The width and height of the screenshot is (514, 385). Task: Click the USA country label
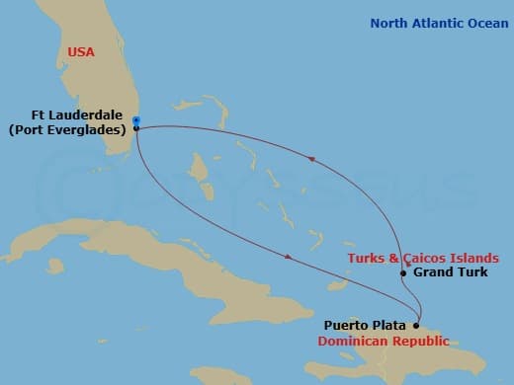click(x=81, y=52)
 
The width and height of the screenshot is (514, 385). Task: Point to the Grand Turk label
click(x=449, y=272)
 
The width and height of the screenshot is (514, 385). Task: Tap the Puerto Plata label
click(x=367, y=324)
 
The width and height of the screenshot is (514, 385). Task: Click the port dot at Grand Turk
click(x=403, y=273)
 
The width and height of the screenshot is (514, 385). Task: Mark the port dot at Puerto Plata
click(x=416, y=325)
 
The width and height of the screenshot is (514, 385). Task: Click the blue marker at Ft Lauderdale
click(x=135, y=121)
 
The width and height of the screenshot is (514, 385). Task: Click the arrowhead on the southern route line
click(x=288, y=258)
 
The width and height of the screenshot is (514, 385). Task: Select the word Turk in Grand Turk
click(x=470, y=272)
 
